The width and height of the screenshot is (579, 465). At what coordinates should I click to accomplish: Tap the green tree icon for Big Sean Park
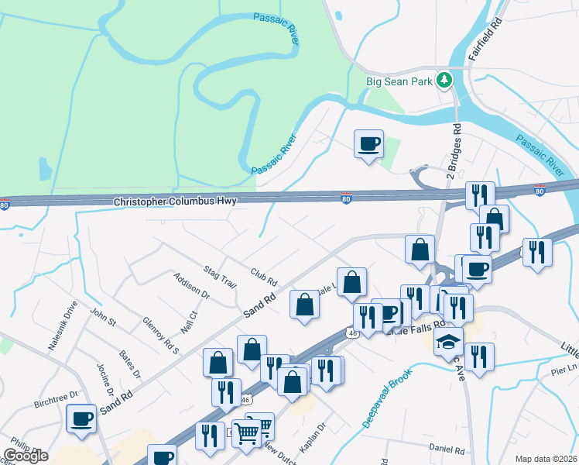pyautogui.click(x=444, y=79)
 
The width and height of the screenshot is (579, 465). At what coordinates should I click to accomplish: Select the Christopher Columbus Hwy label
pyautogui.click(x=175, y=201)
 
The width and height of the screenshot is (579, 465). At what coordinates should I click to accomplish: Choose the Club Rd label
pyautogui.click(x=264, y=274)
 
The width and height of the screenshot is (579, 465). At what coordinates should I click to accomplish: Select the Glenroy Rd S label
pyautogui.click(x=161, y=335)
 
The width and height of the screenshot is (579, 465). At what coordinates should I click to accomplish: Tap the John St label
pyautogui.click(x=102, y=317)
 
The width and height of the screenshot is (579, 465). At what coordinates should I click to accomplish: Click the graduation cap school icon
pyautogui.click(x=448, y=342)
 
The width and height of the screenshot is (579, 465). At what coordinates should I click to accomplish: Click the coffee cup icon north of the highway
pyautogui.click(x=368, y=143)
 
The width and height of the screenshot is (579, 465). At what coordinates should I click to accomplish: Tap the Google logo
pyautogui.click(x=26, y=455)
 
